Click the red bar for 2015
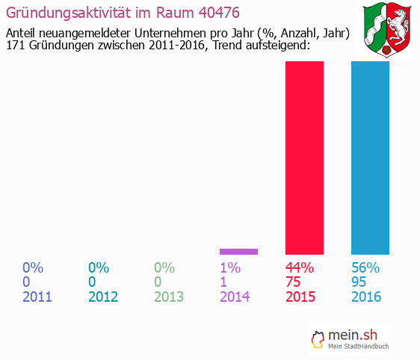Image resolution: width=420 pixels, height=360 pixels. point(304,158)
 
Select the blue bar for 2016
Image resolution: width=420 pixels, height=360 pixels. point(370,158)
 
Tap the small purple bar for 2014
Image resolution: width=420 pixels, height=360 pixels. point(238,251)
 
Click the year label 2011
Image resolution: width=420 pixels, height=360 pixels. point(37,297)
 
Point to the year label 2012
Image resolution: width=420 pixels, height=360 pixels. point(103,297)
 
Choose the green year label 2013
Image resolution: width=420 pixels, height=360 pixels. point(169,297)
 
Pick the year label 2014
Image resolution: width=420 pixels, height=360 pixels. point(235,297)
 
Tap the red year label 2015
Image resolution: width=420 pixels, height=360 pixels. point(300,297)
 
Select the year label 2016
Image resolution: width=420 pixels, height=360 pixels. point(366,297)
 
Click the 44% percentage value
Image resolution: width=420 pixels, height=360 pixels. point(300,267)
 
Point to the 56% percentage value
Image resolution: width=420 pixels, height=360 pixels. point(365,267)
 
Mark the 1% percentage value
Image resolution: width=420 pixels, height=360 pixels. point(230,267)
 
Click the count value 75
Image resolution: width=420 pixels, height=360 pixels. point(294,282)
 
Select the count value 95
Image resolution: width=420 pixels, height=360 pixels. point(359,282)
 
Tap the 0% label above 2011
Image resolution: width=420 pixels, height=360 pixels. point(33,267)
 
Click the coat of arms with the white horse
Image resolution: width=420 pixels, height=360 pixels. point(389,30)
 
